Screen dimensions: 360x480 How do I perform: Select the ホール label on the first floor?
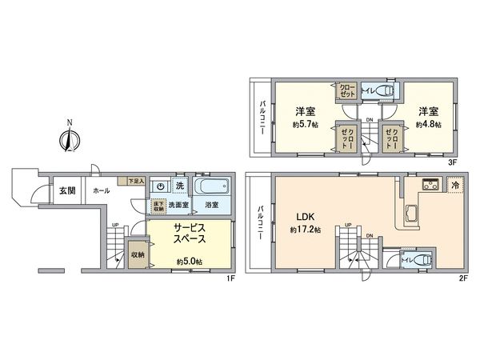click(102, 191)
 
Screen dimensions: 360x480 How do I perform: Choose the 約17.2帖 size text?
click(306, 230)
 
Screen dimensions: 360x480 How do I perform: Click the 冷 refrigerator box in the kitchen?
click(454, 185)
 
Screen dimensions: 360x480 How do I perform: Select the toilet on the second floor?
click(420, 261)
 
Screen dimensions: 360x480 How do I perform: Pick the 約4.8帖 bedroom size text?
click(428, 126)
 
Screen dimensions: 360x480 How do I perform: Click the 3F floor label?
click(453, 162)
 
